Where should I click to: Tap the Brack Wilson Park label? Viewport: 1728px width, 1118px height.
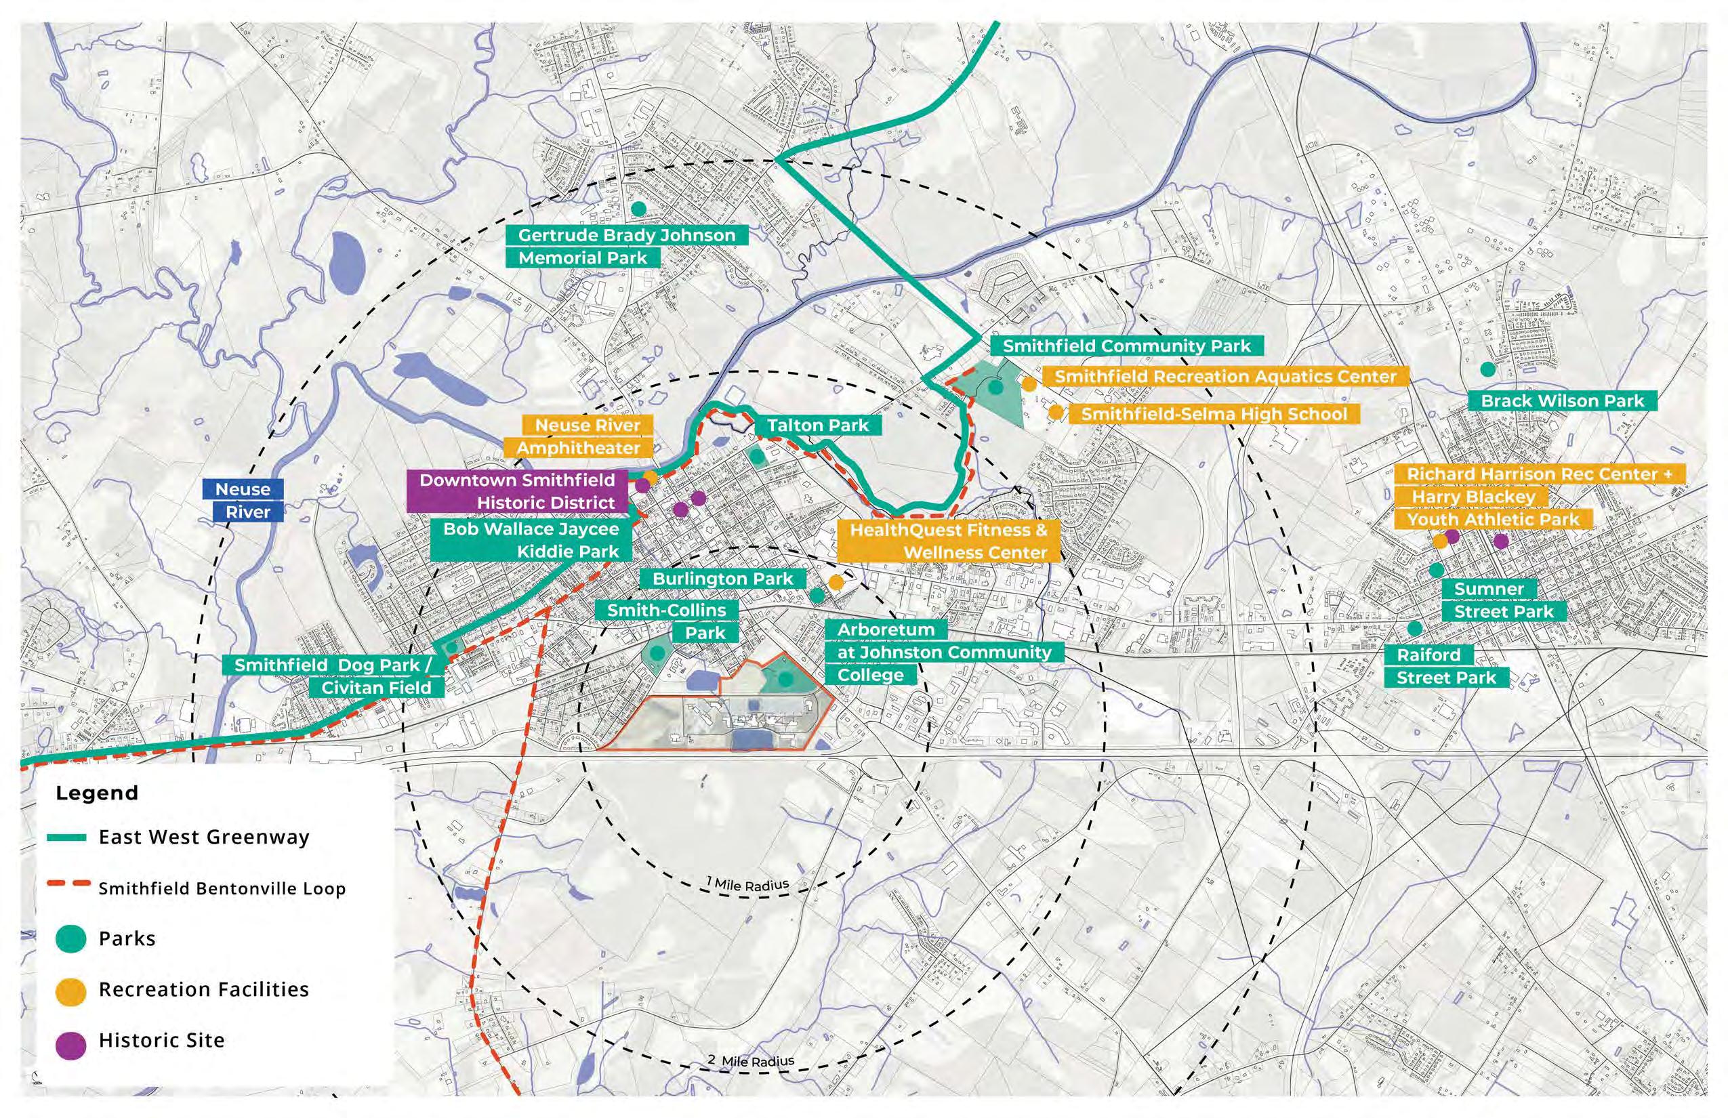tap(1563, 400)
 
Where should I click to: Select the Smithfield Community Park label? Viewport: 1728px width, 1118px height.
tap(1127, 346)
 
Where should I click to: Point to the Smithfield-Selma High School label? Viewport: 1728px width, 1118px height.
tap(1214, 414)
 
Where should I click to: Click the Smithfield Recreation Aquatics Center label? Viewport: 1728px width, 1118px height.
tap(1225, 377)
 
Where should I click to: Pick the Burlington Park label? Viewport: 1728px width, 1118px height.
tap(723, 579)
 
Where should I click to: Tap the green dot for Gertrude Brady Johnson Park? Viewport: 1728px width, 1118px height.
tap(638, 209)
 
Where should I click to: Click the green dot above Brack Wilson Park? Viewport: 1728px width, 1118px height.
tap(1487, 369)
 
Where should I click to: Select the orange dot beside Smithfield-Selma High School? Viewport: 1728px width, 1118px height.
tap(1056, 413)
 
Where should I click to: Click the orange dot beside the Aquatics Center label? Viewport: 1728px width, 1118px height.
tap(1029, 384)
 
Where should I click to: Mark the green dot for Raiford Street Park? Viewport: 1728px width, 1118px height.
tap(1414, 628)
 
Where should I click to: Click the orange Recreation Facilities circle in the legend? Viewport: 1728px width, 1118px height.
tap(71, 990)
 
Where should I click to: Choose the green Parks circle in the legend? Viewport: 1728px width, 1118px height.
tap(71, 938)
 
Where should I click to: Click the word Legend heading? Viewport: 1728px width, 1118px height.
tap(96, 793)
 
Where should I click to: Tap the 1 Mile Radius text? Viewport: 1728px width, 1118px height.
tap(748, 884)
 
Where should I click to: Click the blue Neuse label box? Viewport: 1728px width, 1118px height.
tap(243, 489)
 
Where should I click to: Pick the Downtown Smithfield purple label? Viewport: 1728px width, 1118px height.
tap(517, 480)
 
